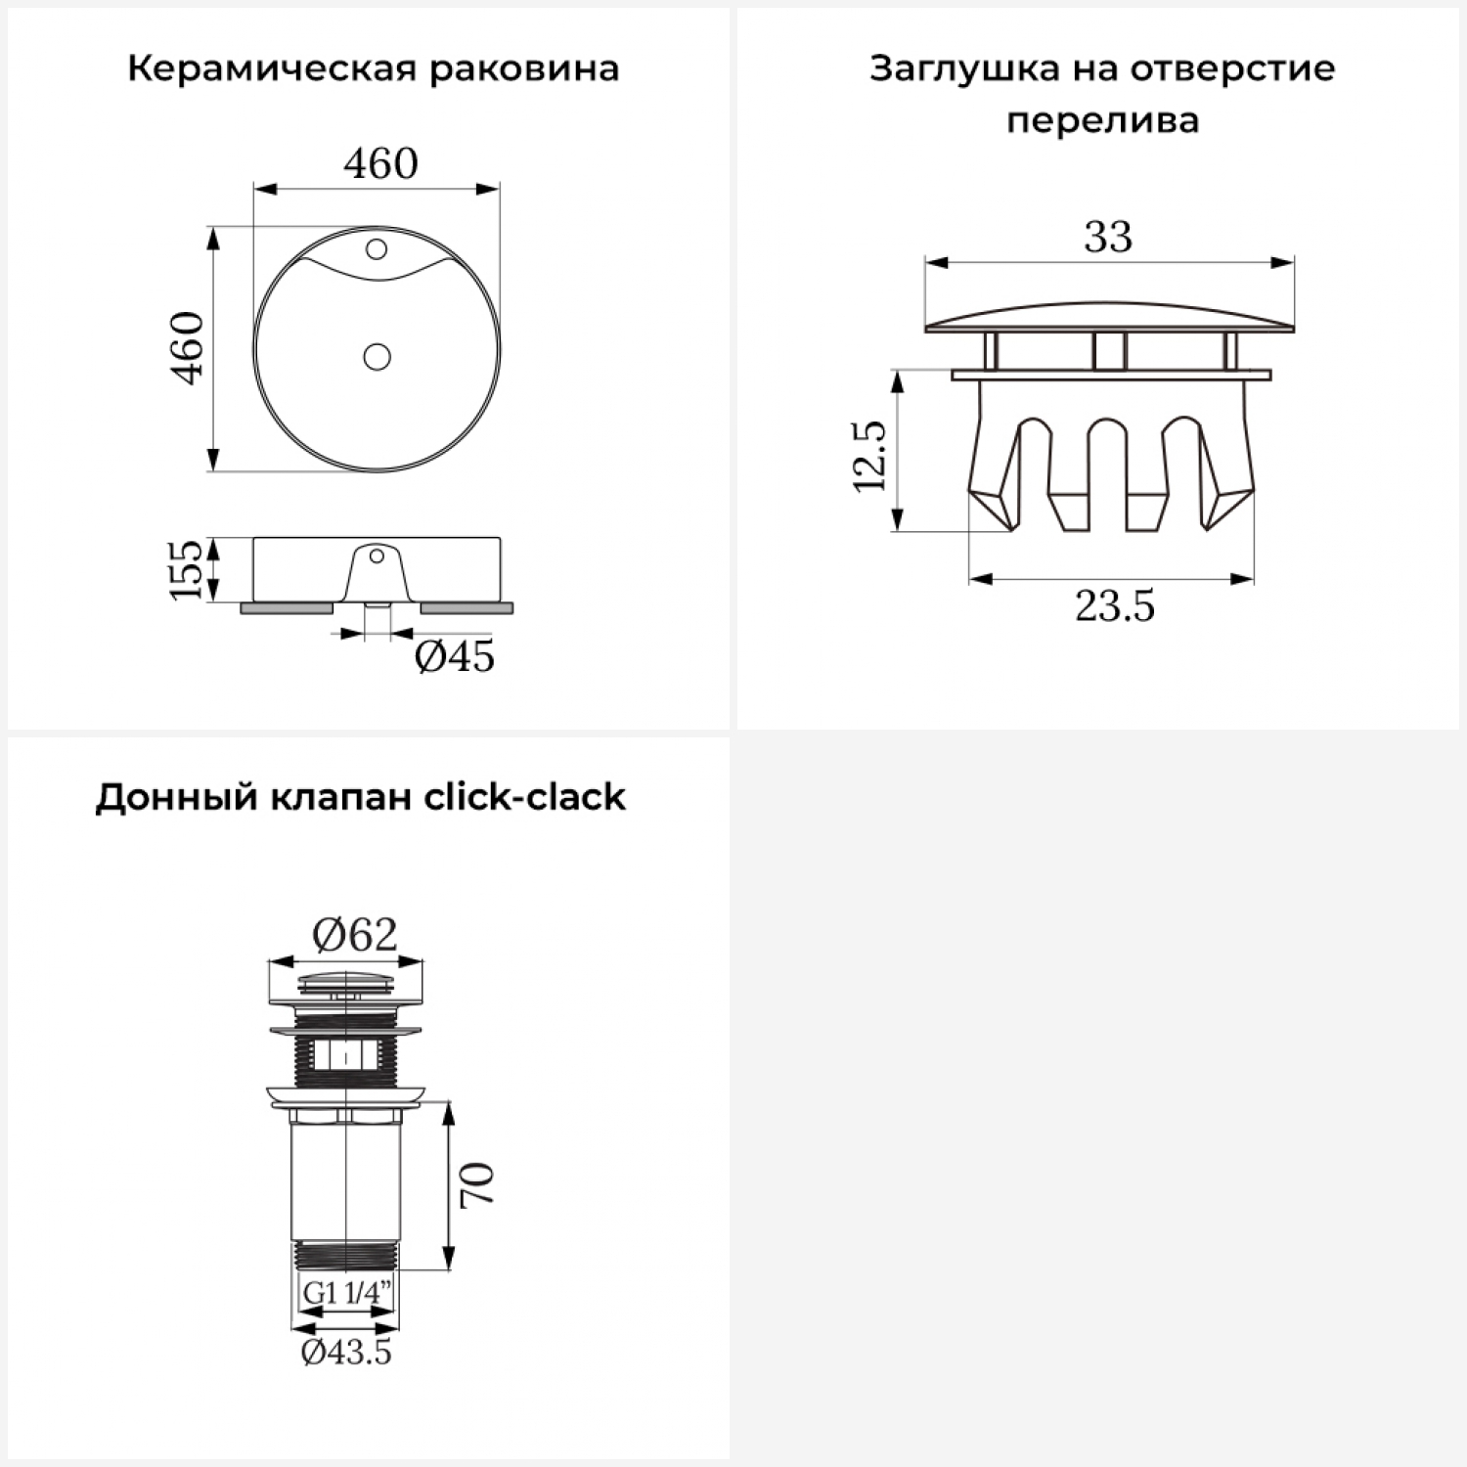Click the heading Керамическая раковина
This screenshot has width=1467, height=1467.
coord(373,69)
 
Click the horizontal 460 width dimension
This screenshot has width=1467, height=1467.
coord(380,162)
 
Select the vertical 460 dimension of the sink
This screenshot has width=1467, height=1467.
coord(189,347)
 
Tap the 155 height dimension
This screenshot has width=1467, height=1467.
coord(187,569)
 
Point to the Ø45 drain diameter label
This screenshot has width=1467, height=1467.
coord(455,656)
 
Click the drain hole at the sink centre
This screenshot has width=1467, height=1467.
coord(377,356)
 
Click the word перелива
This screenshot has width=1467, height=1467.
coord(1102,121)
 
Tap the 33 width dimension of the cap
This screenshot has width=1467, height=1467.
coord(1108,237)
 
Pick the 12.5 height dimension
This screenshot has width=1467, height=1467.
coord(869,456)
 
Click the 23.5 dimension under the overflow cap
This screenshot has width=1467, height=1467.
coord(1115,606)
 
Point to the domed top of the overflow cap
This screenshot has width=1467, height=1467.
coord(1109,314)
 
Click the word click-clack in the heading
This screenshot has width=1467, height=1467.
coord(524,797)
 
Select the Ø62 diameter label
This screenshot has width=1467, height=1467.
coord(355,936)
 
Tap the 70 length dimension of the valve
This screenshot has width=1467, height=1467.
coord(478,1184)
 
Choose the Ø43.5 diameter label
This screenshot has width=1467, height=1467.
coord(346,1353)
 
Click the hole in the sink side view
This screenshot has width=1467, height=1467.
coord(376,557)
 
